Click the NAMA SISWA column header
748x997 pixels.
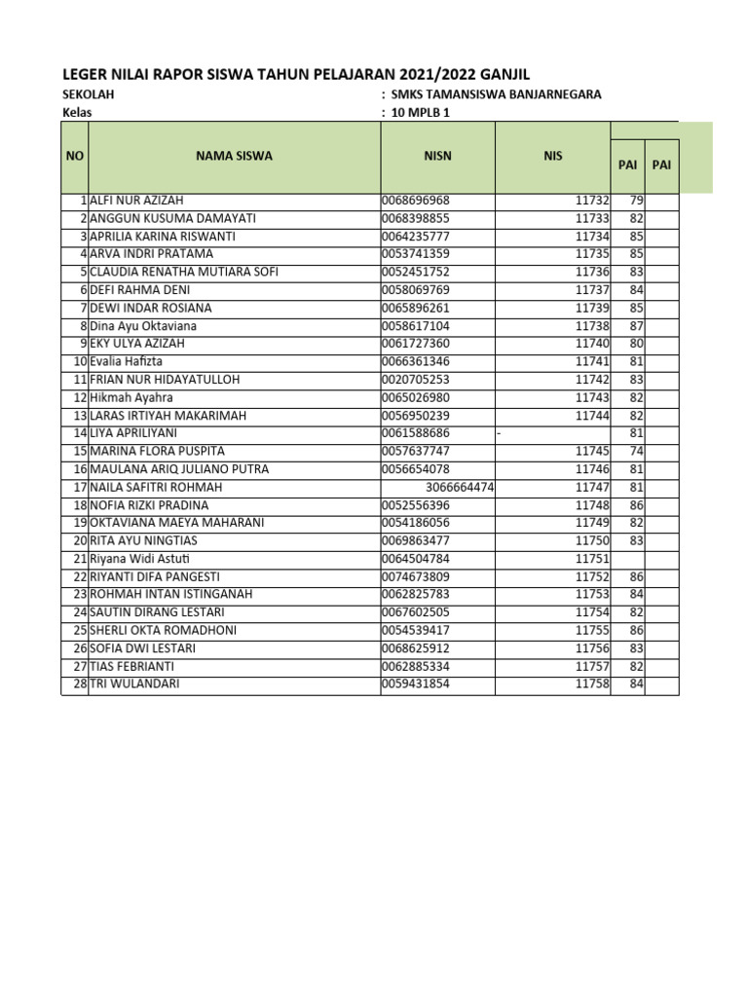click(234, 156)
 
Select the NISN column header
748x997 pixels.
click(437, 156)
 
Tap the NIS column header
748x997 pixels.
click(553, 156)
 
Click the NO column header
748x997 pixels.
click(74, 156)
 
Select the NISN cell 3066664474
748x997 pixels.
click(461, 487)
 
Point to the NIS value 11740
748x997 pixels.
click(591, 344)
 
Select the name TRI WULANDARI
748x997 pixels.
click(134, 684)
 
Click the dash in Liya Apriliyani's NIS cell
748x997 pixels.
click(499, 433)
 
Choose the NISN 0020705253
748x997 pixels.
click(416, 380)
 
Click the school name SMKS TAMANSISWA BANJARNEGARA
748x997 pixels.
click(496, 94)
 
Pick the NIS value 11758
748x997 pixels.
click(591, 684)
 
